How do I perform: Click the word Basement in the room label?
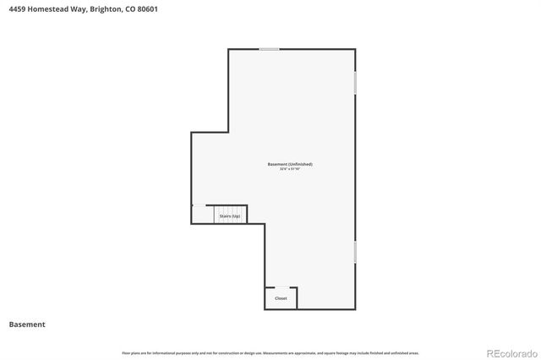click(x=276, y=164)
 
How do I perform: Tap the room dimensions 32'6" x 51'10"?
click(x=290, y=169)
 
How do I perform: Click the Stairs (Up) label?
click(x=230, y=216)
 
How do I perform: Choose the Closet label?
click(x=281, y=298)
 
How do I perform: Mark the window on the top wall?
click(x=270, y=49)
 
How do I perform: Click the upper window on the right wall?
click(x=355, y=82)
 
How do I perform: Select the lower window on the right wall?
click(x=355, y=251)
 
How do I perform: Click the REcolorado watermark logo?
click(x=509, y=352)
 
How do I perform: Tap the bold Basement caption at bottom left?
click(x=27, y=325)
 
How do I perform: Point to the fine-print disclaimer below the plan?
click(x=270, y=352)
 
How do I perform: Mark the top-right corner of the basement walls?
click(x=355, y=49)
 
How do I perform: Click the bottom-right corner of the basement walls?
click(x=355, y=309)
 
